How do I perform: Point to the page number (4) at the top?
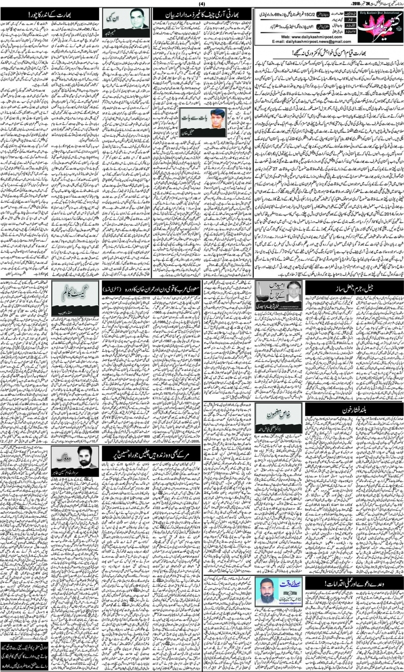[x=202, y=3]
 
